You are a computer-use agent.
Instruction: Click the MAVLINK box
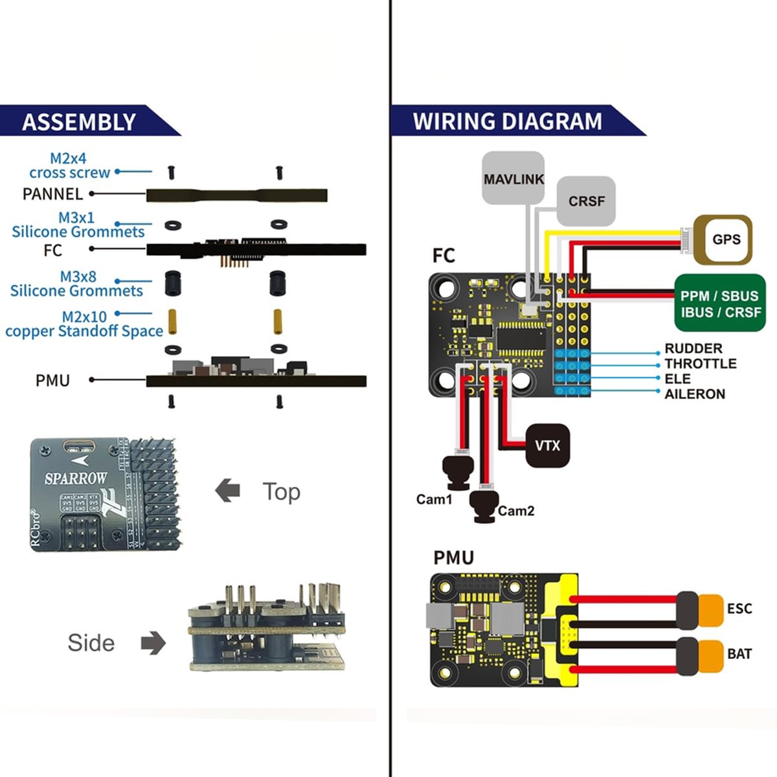(513, 178)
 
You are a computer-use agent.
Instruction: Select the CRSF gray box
(586, 201)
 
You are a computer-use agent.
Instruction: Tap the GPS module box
(723, 240)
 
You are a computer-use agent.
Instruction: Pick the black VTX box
(548, 445)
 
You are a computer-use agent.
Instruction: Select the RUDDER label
(693, 348)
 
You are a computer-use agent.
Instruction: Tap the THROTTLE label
(700, 364)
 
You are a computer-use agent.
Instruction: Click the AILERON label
(694, 394)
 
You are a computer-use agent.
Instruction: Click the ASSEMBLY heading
(79, 122)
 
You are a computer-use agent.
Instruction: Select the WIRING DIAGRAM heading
(507, 121)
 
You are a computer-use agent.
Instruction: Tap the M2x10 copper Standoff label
(84, 324)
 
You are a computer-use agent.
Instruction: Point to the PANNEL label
(52, 194)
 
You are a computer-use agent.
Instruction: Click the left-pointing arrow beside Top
(227, 491)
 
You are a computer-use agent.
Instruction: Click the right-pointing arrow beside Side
(153, 643)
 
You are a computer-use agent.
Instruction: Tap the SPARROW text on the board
(75, 479)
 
